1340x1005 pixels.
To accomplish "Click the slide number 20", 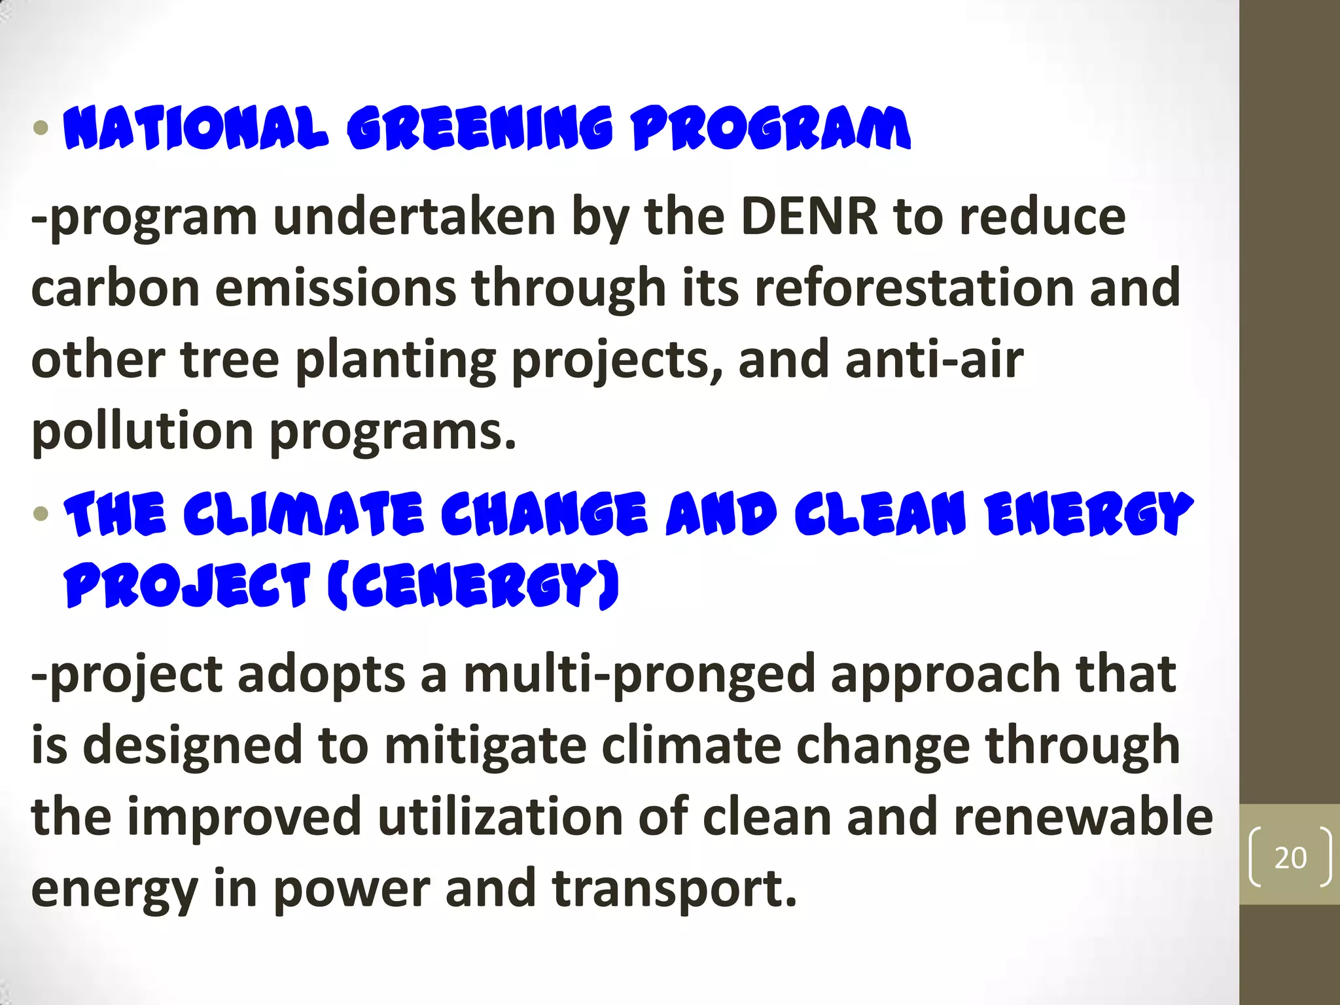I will [1290, 858].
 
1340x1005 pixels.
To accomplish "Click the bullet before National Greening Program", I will [41, 128].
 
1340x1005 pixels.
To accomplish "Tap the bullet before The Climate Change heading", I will [41, 513].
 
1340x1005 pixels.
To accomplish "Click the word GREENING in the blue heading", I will [480, 128].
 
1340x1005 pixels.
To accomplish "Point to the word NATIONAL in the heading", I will [196, 128].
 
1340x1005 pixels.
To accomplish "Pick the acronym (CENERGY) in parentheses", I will [472, 586].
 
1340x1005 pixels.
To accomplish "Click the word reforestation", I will [914, 288].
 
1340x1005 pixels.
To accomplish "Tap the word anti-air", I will [934, 360].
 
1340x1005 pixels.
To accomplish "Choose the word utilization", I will [500, 818].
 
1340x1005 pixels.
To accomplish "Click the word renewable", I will [1083, 818].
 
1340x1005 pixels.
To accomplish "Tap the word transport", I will [674, 890].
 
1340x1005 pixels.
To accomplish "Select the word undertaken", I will [414, 217].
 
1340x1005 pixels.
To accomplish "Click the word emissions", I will [335, 288].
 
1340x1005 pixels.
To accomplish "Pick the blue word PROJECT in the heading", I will [186, 586].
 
